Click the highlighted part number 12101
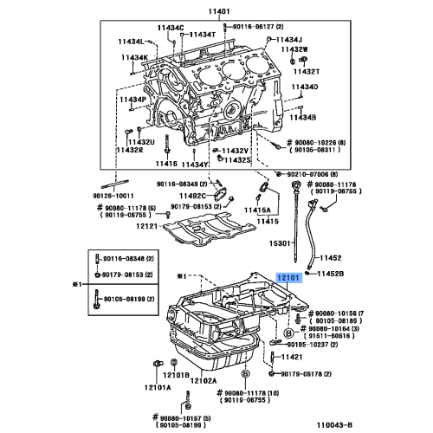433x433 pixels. click(288, 278)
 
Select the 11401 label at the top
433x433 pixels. click(220, 10)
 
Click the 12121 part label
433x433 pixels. click(148, 226)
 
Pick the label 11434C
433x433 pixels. click(171, 28)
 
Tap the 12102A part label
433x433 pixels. click(204, 379)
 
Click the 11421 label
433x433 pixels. click(319, 357)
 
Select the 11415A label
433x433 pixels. click(257, 210)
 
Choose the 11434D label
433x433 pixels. click(304, 87)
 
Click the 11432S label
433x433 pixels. click(236, 160)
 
